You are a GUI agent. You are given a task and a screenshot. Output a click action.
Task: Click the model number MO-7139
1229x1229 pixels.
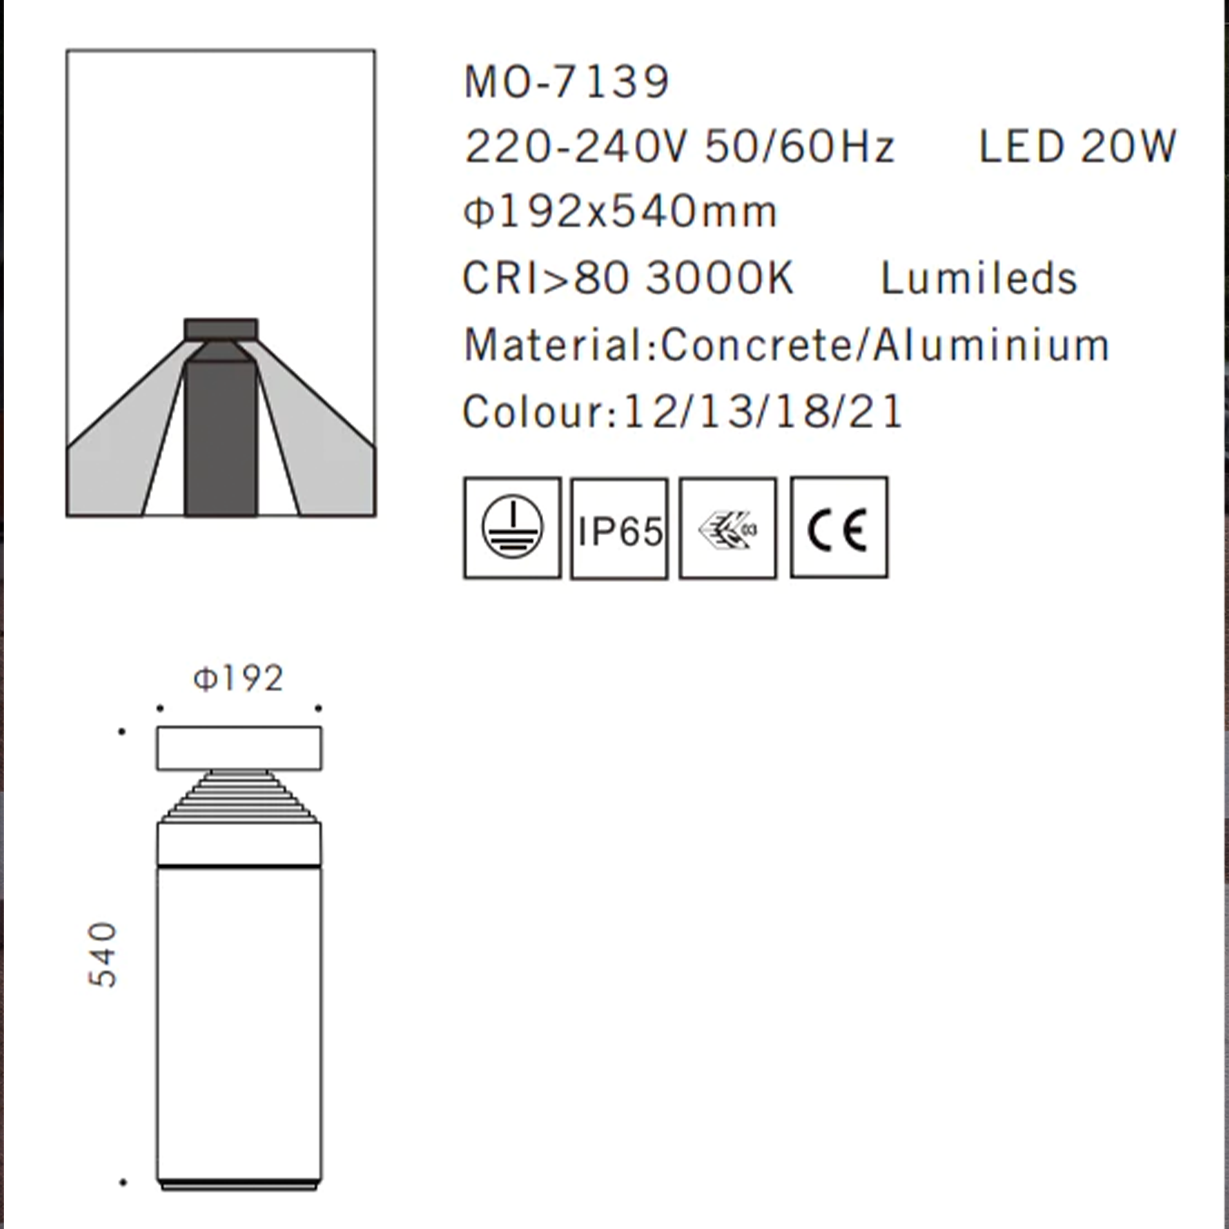click(566, 82)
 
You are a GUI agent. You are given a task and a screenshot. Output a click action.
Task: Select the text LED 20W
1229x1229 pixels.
click(1077, 147)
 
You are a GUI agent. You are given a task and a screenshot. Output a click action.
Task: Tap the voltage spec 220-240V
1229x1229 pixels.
click(576, 147)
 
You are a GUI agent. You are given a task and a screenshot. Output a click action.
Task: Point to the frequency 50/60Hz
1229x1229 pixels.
click(800, 147)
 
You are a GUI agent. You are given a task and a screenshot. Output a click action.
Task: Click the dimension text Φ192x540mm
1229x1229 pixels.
click(620, 212)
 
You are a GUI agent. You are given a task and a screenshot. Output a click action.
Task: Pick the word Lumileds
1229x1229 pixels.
click(978, 278)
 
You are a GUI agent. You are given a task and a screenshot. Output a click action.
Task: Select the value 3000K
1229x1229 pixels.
click(720, 278)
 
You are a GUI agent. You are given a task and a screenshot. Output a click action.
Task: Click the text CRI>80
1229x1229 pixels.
click(546, 278)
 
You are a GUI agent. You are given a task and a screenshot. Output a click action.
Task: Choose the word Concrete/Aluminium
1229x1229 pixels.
click(885, 345)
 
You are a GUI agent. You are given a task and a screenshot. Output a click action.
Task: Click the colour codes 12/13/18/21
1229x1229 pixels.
click(763, 412)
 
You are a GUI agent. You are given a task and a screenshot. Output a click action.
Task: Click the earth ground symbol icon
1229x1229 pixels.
click(512, 528)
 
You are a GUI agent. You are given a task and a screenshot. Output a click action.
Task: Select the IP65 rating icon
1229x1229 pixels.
click(619, 529)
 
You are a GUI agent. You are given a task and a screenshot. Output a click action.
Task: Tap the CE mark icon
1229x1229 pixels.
click(838, 528)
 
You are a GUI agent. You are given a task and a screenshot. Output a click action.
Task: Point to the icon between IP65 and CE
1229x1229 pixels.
click(728, 529)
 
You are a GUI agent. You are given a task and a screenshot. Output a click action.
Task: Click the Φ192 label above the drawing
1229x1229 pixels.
click(238, 679)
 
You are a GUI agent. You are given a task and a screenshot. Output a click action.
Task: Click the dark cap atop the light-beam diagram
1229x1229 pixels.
click(221, 329)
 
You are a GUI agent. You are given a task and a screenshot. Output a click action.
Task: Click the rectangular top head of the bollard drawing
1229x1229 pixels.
click(238, 748)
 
